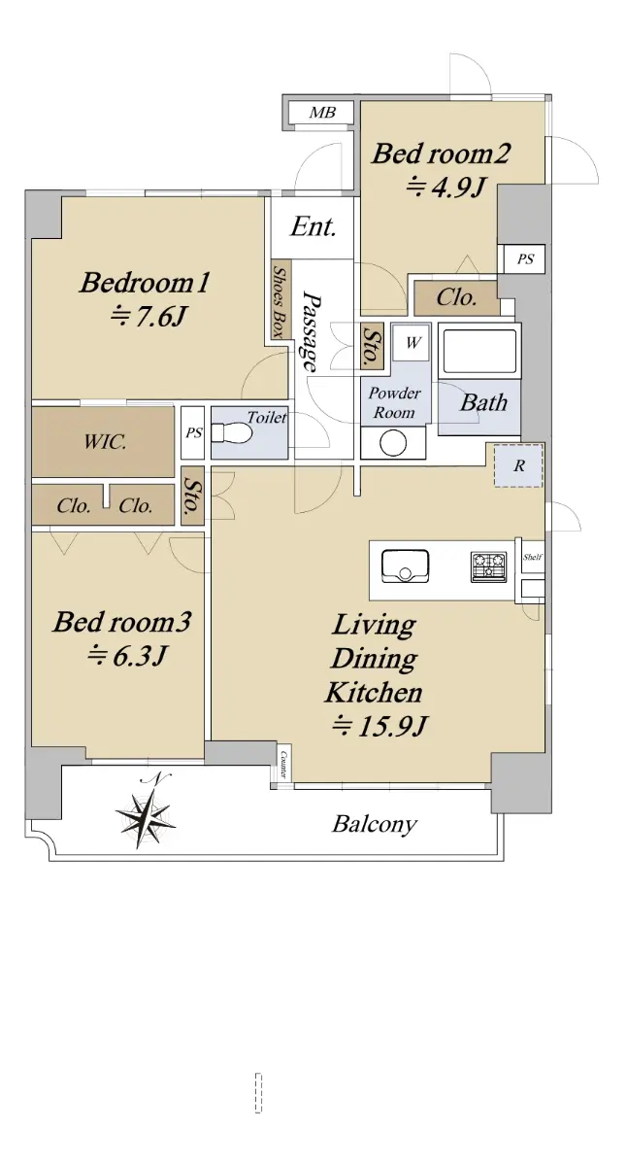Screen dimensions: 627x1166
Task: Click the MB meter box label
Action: (322, 113)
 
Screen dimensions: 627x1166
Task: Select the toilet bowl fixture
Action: (232, 432)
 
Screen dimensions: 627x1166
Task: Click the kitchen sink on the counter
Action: (405, 566)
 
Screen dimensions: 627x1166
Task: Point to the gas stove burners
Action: (489, 566)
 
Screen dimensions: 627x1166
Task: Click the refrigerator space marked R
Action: (518, 465)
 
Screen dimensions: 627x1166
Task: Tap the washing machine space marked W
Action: (412, 342)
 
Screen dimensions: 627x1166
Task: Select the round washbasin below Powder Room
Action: (393, 444)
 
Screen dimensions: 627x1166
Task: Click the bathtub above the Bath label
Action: (479, 351)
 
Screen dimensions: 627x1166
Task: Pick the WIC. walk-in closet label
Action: (105, 442)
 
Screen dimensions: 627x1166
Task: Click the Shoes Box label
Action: (280, 302)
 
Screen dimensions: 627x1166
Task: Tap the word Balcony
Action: (375, 825)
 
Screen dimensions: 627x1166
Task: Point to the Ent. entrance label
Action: (313, 227)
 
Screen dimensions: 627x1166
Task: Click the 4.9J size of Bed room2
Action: (445, 187)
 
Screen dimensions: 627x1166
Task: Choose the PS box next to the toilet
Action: (193, 433)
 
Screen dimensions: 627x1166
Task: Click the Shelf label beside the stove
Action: (533, 557)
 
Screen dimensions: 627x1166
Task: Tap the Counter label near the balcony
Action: (283, 764)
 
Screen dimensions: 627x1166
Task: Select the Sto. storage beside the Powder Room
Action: (371, 346)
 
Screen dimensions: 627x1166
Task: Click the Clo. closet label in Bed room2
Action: (456, 297)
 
